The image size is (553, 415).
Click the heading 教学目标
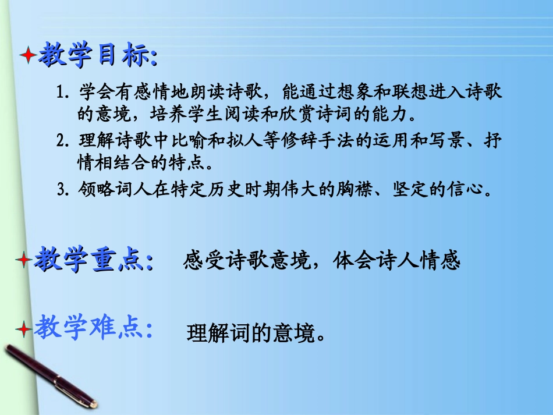click(x=96, y=56)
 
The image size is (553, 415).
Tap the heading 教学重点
click(x=93, y=260)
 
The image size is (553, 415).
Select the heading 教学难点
click(x=93, y=329)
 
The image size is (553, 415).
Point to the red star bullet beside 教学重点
click(x=24, y=260)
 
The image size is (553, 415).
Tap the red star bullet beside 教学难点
click(x=24, y=329)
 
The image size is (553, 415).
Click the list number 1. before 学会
click(x=64, y=93)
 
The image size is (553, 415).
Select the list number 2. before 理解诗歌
click(x=64, y=141)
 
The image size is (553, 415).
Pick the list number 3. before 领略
click(x=64, y=190)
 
